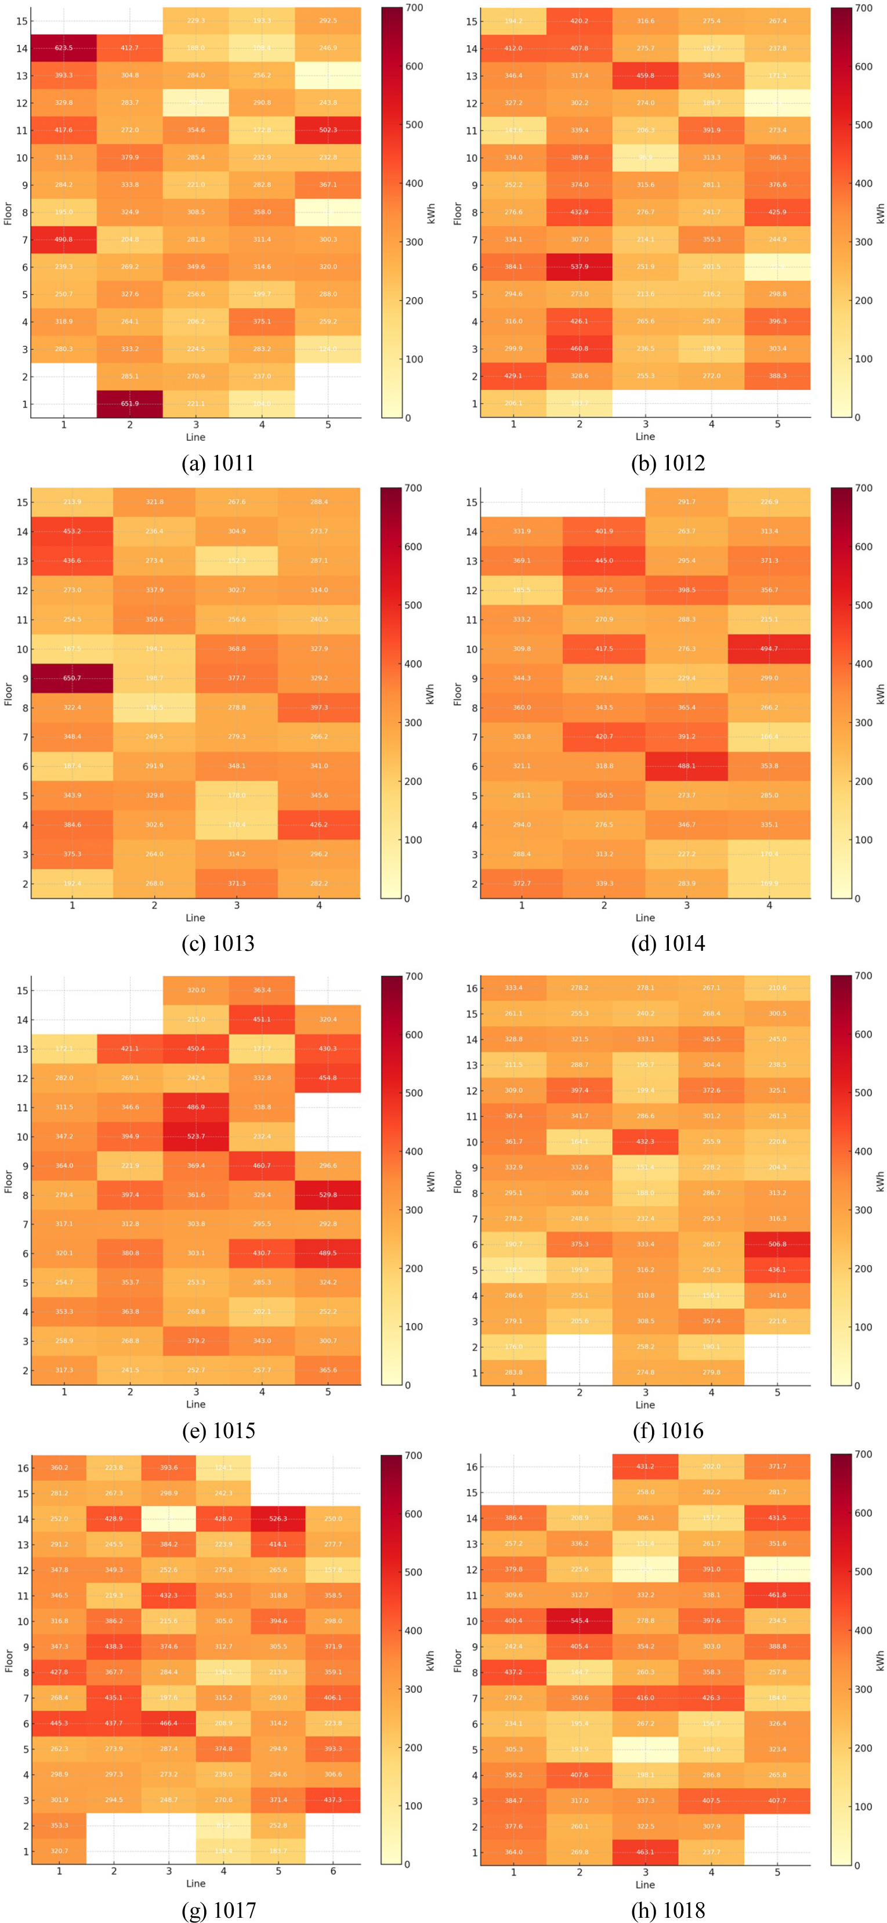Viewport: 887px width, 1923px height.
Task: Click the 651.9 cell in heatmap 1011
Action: pyautogui.click(x=130, y=404)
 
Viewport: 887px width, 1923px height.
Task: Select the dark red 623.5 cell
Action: pyautogui.click(x=63, y=48)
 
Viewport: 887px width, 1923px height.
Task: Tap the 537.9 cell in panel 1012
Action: pyautogui.click(x=580, y=266)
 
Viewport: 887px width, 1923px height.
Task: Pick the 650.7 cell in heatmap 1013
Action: pyautogui.click(x=73, y=678)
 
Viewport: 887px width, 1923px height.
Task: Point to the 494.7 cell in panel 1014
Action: pyautogui.click(x=769, y=649)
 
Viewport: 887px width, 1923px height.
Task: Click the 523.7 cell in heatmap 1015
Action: pyautogui.click(x=195, y=1136)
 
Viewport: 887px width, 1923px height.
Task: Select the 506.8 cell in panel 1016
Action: pyautogui.click(x=777, y=1244)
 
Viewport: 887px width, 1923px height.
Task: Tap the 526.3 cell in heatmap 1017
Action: pyautogui.click(x=278, y=1519)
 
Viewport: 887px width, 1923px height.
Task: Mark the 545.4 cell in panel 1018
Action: pyautogui.click(x=580, y=1621)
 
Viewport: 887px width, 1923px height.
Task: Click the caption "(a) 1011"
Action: pyautogui.click(x=218, y=463)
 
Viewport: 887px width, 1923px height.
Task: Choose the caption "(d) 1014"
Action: pyautogui.click(x=668, y=944)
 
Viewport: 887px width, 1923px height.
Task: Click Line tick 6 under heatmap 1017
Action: pyautogui.click(x=333, y=1871)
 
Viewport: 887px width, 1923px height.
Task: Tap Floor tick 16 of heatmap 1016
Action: pyautogui.click(x=472, y=988)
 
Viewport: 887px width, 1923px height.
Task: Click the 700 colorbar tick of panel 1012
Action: pyautogui.click(x=863, y=8)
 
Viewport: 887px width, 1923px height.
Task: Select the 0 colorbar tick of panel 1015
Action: pyautogui.click(x=408, y=1385)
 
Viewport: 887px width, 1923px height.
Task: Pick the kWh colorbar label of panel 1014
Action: pyautogui.click(x=881, y=694)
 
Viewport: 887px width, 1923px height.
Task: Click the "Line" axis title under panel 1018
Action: pyautogui.click(x=645, y=1884)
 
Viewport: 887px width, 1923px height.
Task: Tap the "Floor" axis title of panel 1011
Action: pyautogui.click(x=8, y=213)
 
